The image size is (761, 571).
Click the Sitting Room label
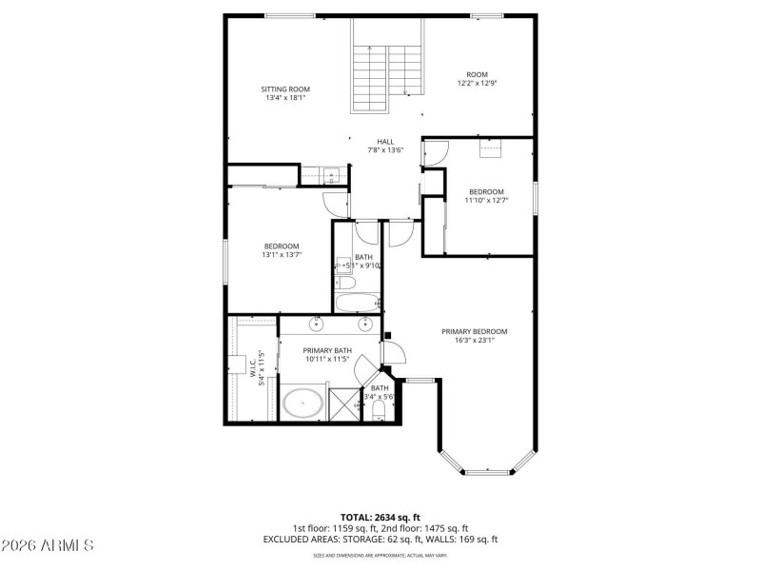(286, 89)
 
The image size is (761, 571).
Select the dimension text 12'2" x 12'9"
(477, 84)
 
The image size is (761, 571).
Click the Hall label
(385, 142)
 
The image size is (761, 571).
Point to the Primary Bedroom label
(474, 331)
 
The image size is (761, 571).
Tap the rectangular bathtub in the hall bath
(357, 304)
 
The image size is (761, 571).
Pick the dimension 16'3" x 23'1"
(474, 341)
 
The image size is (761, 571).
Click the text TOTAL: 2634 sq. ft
(380, 518)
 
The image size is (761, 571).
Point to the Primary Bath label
(328, 350)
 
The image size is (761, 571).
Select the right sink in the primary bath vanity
(365, 321)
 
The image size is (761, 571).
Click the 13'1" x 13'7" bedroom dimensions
(282, 255)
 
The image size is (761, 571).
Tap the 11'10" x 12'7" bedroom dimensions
(486, 200)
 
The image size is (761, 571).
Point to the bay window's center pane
(488, 471)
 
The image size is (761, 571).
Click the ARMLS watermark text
(47, 545)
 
